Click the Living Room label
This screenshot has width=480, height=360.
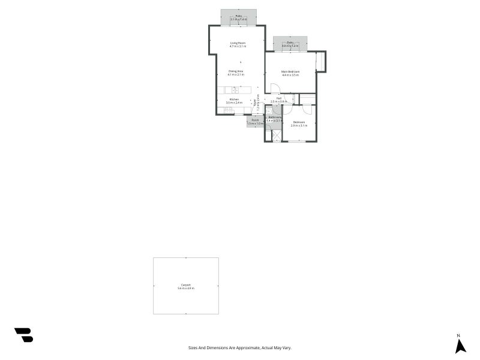(238, 44)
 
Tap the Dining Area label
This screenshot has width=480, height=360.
(236, 73)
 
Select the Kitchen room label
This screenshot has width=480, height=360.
(234, 101)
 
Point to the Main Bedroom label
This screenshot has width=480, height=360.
(290, 73)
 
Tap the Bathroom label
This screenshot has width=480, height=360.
(274, 119)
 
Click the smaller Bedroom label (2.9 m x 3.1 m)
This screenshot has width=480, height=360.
(298, 124)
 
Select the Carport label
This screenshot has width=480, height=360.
(186, 286)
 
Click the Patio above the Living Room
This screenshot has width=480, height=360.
(238, 18)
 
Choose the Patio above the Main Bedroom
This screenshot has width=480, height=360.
(290, 44)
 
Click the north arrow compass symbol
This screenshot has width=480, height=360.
(460, 346)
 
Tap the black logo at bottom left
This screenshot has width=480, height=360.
(24, 335)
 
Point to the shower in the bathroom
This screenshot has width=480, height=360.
(277, 136)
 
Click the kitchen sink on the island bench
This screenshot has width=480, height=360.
(236, 90)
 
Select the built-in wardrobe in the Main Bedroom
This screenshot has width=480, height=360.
(320, 62)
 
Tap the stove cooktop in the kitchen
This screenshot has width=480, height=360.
(230, 110)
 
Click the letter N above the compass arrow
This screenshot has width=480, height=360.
(458, 335)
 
